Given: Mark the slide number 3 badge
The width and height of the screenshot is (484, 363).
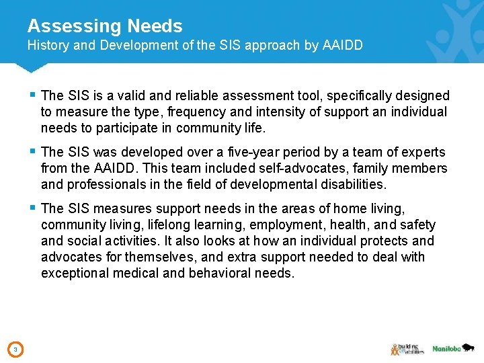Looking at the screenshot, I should (15, 349).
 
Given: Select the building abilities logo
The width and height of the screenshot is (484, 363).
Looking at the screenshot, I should (407, 348).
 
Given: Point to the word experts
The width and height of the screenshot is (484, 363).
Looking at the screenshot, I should (424, 153).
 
